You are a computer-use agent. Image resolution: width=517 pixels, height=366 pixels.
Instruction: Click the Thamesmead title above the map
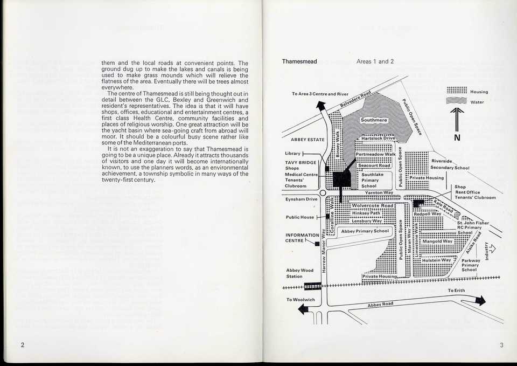299,61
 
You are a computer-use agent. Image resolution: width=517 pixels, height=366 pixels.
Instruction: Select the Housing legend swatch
457,91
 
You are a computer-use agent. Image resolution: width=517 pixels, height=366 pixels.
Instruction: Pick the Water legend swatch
457,101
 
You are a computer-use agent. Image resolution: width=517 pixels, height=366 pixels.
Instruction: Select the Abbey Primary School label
365,231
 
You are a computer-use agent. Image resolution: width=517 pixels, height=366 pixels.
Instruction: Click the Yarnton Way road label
379,192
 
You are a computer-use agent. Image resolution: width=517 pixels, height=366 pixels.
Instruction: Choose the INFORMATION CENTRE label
302,238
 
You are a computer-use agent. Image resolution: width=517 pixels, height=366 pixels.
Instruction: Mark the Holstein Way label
436,260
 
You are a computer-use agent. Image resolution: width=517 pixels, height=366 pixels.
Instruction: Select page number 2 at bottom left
22,346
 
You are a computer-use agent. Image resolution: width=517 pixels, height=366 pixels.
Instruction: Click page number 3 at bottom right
501,346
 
